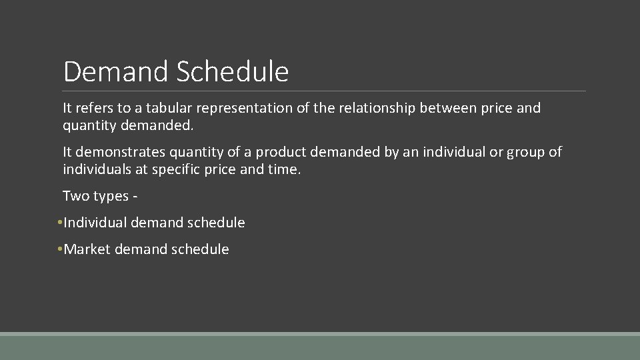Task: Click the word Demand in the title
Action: [x=117, y=72]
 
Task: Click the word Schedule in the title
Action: [x=233, y=72]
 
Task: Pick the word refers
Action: [x=95, y=108]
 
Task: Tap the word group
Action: [x=526, y=152]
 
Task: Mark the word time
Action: [x=285, y=169]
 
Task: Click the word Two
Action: [x=75, y=196]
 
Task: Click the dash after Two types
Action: [x=135, y=197]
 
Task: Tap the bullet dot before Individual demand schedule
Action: [x=59, y=223]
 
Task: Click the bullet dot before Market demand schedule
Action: [x=59, y=249]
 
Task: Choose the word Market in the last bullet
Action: [x=87, y=249]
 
